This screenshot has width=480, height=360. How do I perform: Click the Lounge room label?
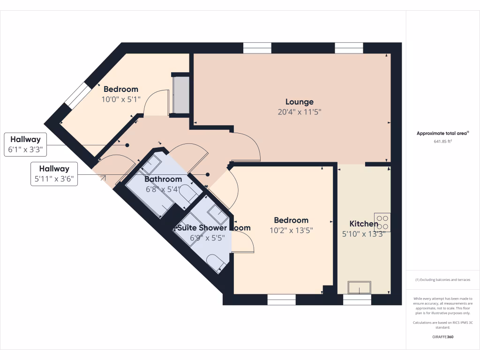point(300,102)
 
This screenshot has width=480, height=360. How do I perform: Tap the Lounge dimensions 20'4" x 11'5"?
point(300,112)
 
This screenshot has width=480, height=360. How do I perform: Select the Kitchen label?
point(364,224)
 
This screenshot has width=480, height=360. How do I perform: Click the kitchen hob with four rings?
point(382,222)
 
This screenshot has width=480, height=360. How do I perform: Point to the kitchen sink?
point(359,287)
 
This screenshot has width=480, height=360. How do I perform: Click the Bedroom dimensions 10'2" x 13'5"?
point(291,230)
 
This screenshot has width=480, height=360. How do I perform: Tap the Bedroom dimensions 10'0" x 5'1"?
point(120,99)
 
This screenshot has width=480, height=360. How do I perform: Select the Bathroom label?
point(163,179)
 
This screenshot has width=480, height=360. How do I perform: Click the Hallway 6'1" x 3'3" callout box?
point(25,145)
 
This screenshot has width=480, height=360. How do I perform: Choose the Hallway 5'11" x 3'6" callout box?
point(54,174)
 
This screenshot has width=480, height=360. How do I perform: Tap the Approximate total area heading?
point(442,133)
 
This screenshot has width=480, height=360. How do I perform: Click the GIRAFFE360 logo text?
point(442,337)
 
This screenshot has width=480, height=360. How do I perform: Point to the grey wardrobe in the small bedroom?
point(181,95)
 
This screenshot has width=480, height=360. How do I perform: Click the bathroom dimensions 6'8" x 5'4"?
point(162,189)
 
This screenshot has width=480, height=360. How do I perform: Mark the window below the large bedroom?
point(281,299)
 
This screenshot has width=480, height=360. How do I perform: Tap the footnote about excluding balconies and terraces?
point(442,280)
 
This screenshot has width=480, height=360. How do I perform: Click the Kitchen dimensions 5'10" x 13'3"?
point(364,234)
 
